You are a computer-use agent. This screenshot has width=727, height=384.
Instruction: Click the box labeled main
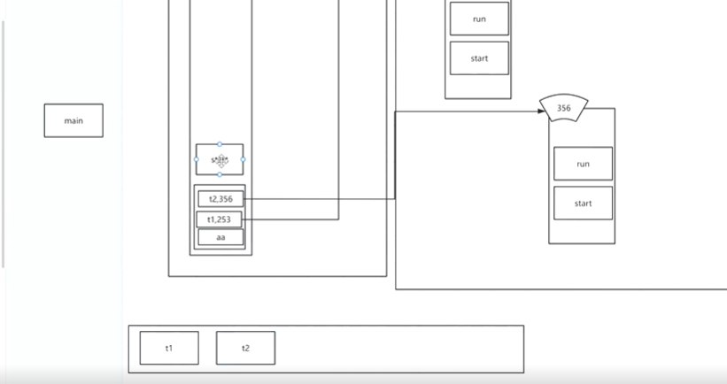pyautogui.click(x=73, y=120)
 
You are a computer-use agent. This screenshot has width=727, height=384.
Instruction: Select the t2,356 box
pyautogui.click(x=220, y=199)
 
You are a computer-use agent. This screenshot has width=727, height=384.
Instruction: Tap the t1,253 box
pyautogui.click(x=219, y=219)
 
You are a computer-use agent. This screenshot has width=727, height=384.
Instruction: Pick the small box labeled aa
pyautogui.click(x=220, y=237)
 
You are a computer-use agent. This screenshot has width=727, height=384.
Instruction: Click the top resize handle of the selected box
pyautogui.click(x=220, y=143)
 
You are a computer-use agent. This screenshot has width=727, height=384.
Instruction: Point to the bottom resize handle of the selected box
pyautogui.click(x=220, y=175)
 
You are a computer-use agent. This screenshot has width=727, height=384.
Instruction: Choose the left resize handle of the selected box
pyautogui.click(x=197, y=159)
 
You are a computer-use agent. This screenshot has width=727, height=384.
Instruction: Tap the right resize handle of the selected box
pyautogui.click(x=244, y=159)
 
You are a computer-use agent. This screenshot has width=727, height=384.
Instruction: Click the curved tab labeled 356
pyautogui.click(x=564, y=109)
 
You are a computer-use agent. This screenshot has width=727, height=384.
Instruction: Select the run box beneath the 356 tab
pyautogui.click(x=583, y=164)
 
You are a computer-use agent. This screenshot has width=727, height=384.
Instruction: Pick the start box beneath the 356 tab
pyautogui.click(x=583, y=204)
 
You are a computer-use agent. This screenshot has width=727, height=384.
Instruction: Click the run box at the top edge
pyautogui.click(x=479, y=19)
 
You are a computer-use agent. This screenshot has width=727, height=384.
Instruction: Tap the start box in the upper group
pyautogui.click(x=479, y=58)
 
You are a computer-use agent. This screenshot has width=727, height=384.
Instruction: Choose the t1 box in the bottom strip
pyautogui.click(x=169, y=348)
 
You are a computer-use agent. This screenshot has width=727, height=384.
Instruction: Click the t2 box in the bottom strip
pyautogui.click(x=245, y=348)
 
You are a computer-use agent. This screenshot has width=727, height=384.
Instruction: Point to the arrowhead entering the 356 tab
pyautogui.click(x=542, y=111)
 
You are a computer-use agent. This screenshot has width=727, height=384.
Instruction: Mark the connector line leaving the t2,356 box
pyautogui.click(x=319, y=199)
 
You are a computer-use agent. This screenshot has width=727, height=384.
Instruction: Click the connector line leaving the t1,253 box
pyautogui.click(x=292, y=219)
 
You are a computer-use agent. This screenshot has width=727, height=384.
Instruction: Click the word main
pyautogui.click(x=73, y=120)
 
